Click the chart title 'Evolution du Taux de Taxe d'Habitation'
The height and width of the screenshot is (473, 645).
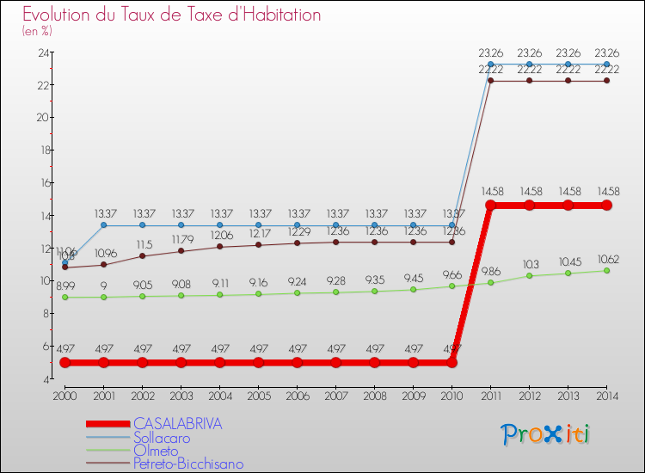pos(172,15)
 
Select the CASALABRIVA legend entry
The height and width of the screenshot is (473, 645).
pos(177,424)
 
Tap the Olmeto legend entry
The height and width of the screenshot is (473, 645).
pos(156,451)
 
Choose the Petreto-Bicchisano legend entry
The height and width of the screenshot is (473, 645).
pos(188,464)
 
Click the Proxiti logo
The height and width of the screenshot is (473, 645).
pos(546,433)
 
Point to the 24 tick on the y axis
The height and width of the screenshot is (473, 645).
pos(43,52)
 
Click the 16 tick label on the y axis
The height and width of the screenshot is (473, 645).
pos(43,183)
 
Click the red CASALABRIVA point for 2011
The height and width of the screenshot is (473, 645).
pos(490,206)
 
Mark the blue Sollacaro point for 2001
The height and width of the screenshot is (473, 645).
pos(103,225)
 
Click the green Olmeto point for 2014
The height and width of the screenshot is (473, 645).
pos(606,270)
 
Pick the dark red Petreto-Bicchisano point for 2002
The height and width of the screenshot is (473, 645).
pos(142,255)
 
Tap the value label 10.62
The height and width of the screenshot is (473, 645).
pos(606,259)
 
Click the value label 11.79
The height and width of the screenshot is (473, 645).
pos(181,240)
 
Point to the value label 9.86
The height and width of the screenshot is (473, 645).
pos(490,271)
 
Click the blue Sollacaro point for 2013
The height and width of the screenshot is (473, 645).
pos(568,64)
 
